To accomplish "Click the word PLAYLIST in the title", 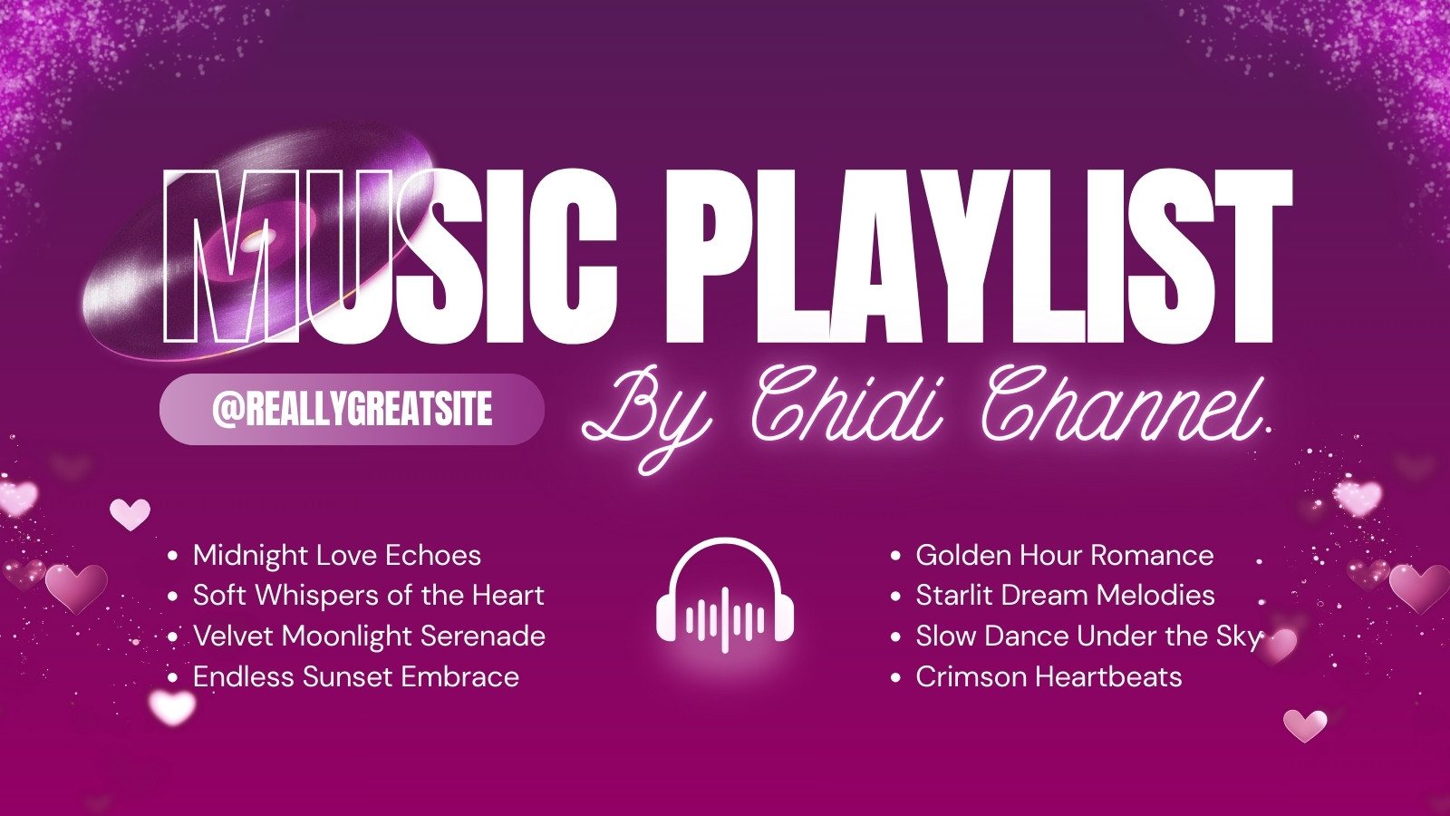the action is point(979,257).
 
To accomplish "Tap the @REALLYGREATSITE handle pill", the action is point(352,409).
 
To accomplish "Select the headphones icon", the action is point(725,596).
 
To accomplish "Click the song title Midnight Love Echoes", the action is point(336,556).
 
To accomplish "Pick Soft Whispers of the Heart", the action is point(368,596).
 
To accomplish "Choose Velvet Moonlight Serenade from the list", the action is point(369,636).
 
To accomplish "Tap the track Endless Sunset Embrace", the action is point(356,676).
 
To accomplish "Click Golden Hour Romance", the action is point(1065,556).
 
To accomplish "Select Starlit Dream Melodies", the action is point(1065,596).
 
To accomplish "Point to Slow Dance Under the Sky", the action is point(1089,636).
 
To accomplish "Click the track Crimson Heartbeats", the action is point(1049,676).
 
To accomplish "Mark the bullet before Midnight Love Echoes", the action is point(173,556).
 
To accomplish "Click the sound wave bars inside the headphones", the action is point(725,618).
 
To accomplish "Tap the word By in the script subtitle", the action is point(647,421).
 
